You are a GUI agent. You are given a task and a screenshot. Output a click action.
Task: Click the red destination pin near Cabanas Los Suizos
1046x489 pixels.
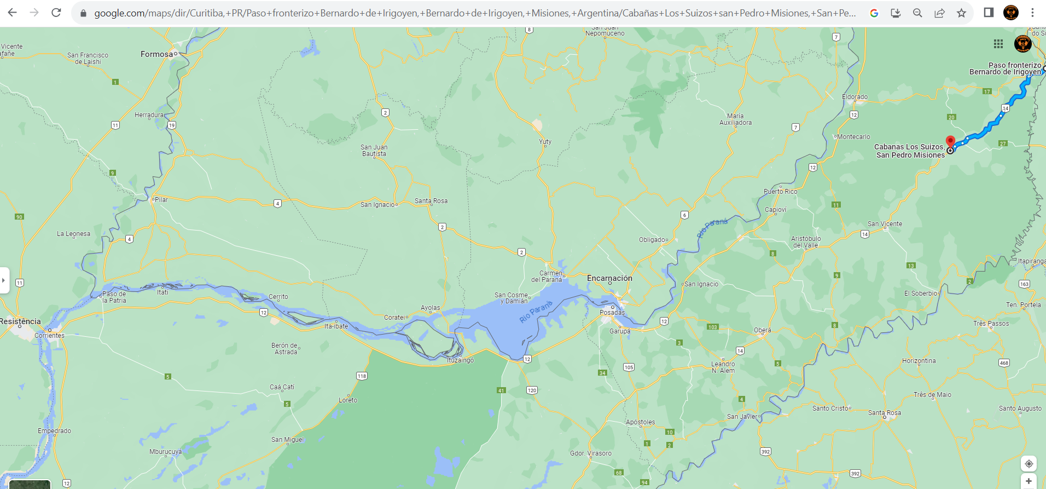(951, 141)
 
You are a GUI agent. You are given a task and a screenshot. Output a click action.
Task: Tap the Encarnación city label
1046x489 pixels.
(609, 278)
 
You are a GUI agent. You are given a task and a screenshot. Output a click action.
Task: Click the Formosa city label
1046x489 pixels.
(156, 54)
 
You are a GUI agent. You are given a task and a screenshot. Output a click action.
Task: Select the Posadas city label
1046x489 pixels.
(612, 313)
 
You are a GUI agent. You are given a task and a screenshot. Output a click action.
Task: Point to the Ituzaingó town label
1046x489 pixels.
(461, 360)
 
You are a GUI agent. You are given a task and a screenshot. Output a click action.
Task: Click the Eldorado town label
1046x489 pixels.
(855, 97)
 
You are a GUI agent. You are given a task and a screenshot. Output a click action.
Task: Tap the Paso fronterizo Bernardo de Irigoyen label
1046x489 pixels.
(1005, 68)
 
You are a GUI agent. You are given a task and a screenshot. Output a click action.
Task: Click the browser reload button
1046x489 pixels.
(56, 13)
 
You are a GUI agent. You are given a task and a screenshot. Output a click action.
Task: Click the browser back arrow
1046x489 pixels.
(12, 13)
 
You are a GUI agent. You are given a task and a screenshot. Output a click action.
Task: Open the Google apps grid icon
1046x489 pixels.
(998, 44)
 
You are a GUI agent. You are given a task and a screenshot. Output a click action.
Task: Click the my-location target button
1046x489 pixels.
(1028, 464)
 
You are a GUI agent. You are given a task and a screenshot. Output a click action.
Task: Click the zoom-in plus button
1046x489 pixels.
(1028, 481)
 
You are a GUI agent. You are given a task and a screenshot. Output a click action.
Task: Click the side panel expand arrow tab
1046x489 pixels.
(4, 280)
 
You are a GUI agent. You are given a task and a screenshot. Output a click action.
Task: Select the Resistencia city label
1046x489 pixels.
(20, 321)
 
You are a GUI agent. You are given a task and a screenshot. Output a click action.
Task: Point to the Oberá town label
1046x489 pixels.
(763, 330)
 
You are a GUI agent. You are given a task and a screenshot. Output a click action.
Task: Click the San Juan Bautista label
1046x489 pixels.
(374, 151)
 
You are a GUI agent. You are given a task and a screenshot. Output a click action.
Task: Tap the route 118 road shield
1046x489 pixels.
(362, 376)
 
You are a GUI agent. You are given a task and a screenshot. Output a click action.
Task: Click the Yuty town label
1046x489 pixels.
(545, 142)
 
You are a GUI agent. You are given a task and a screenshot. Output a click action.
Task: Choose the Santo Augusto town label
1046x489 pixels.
(1020, 409)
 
